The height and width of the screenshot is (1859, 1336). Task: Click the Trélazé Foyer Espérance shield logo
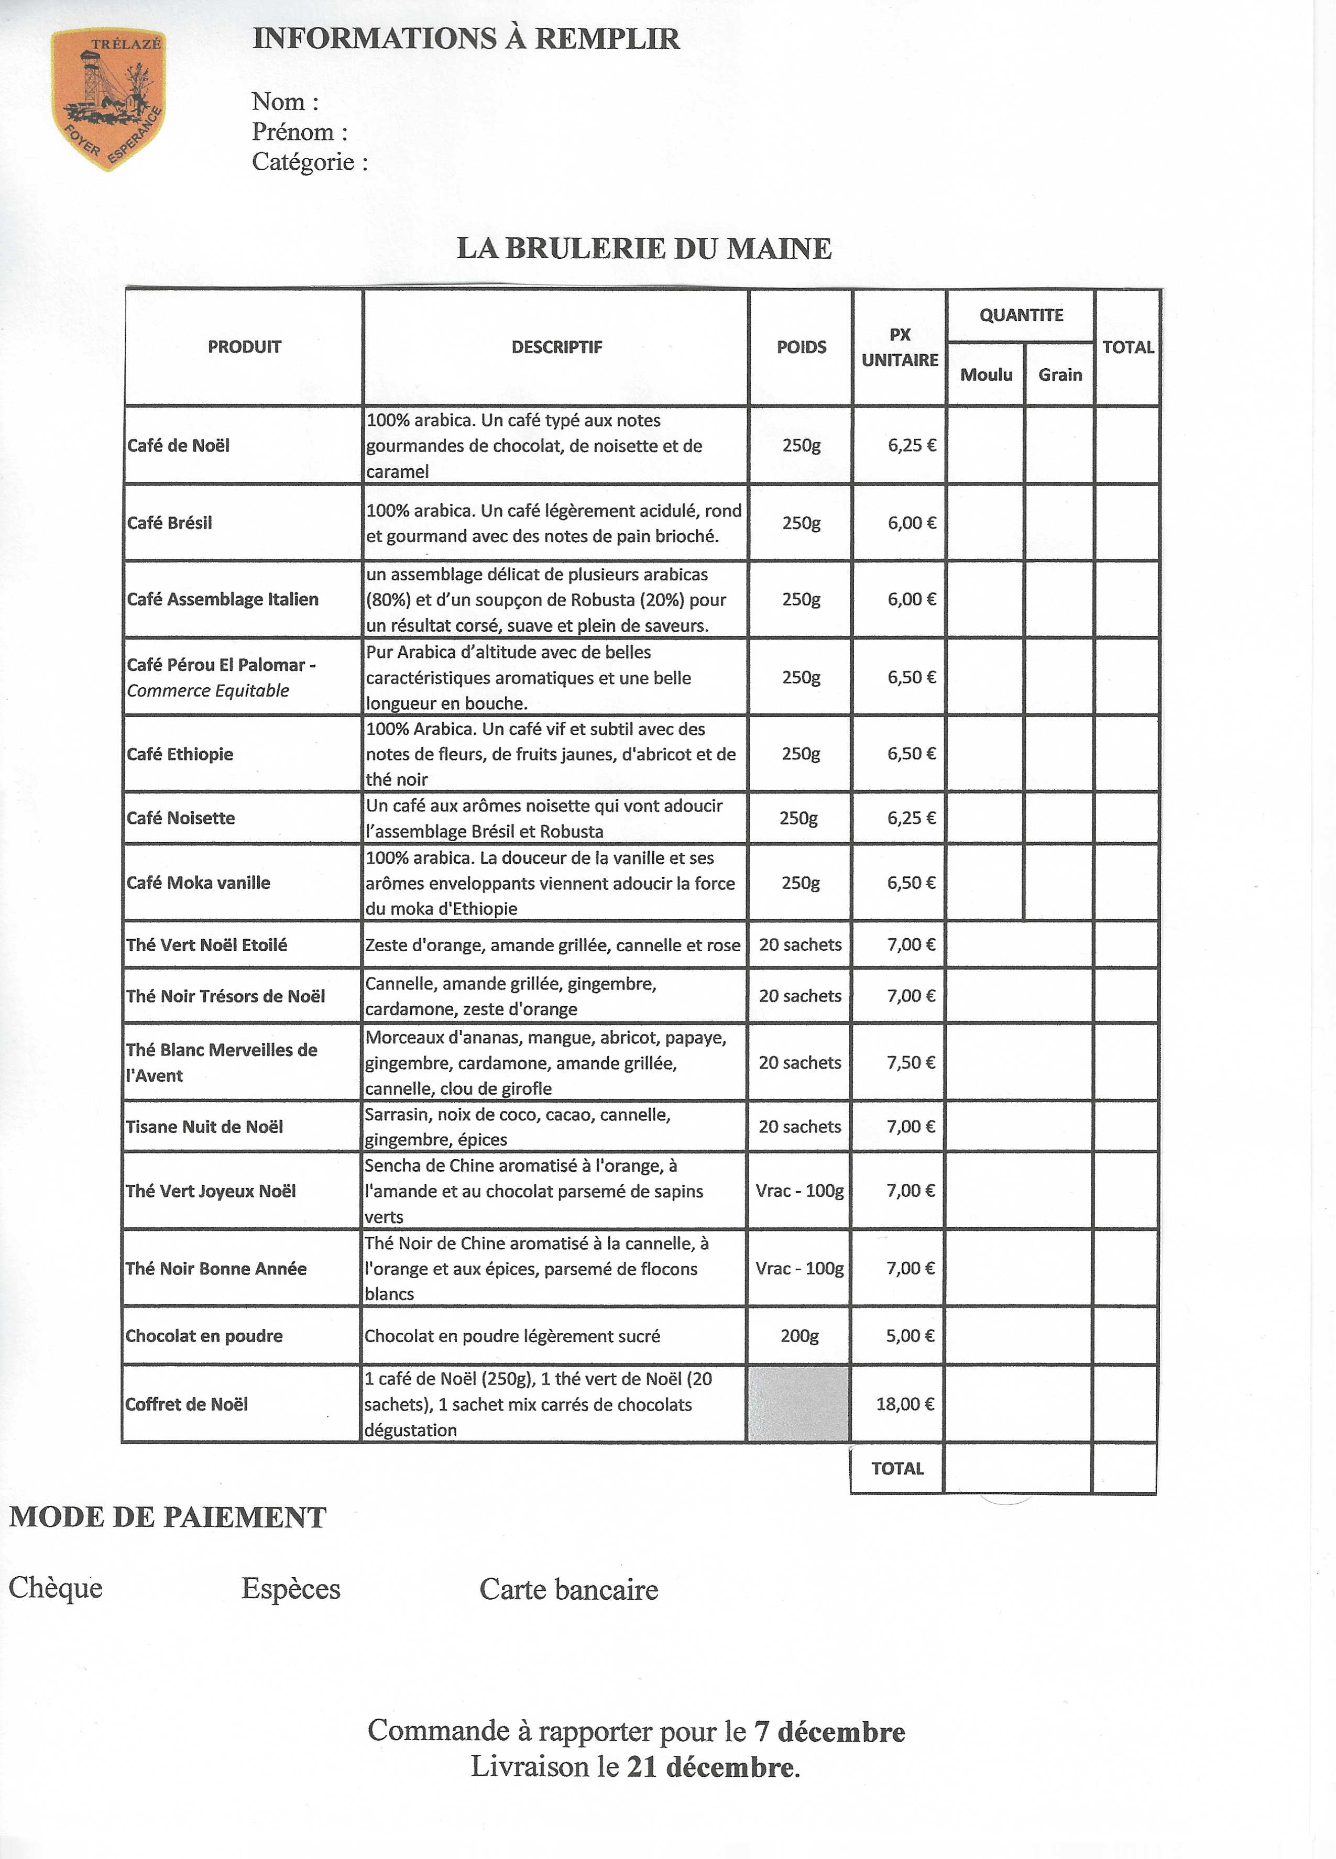point(108,98)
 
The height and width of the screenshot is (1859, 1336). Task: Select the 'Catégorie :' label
point(309,161)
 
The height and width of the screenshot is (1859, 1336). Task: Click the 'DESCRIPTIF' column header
point(556,347)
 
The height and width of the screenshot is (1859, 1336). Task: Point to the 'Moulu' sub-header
point(986,375)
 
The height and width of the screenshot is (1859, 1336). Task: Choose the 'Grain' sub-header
point(1060,375)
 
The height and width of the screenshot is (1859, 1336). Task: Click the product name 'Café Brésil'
point(170,523)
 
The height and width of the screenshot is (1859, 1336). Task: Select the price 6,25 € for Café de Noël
point(912,445)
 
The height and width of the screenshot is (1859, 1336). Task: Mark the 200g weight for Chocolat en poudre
point(799,1335)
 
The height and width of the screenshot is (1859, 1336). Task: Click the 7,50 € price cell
point(911,1062)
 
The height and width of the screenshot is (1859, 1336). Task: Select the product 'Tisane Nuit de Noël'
point(204,1126)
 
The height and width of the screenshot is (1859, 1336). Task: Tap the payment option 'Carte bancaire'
point(569,1589)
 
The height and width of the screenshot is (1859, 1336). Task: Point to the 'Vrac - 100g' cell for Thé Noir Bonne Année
point(799,1268)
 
